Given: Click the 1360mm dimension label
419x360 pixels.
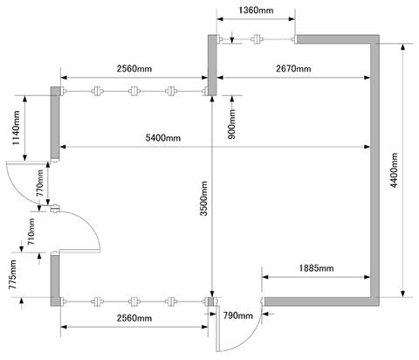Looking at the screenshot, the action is [x=256, y=10].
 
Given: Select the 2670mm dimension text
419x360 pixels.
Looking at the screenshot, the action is [x=293, y=69].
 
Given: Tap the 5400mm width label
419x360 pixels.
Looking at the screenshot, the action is [x=163, y=138].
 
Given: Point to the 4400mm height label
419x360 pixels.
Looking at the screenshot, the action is [x=395, y=170].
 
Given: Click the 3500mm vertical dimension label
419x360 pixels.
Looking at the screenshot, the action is [x=204, y=198].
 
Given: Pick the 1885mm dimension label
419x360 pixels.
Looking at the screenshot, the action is [x=316, y=268].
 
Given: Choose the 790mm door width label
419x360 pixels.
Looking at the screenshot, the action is [x=238, y=315].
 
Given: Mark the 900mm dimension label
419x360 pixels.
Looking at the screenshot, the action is [x=231, y=124].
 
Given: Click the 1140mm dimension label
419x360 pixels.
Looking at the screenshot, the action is [x=16, y=128].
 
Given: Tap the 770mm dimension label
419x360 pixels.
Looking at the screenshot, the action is [x=40, y=183].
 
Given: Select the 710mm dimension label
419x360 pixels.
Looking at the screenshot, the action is [x=31, y=232].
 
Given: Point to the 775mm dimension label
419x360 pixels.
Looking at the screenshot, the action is [x=12, y=275].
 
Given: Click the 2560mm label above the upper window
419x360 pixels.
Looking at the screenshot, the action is [x=134, y=69].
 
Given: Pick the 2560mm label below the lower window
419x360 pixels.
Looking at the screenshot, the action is [x=134, y=318].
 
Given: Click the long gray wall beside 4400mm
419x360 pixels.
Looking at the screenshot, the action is [x=374, y=170].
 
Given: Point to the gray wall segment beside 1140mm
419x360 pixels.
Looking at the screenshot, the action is [x=55, y=123].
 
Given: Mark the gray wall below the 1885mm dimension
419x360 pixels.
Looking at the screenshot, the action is [x=318, y=301].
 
